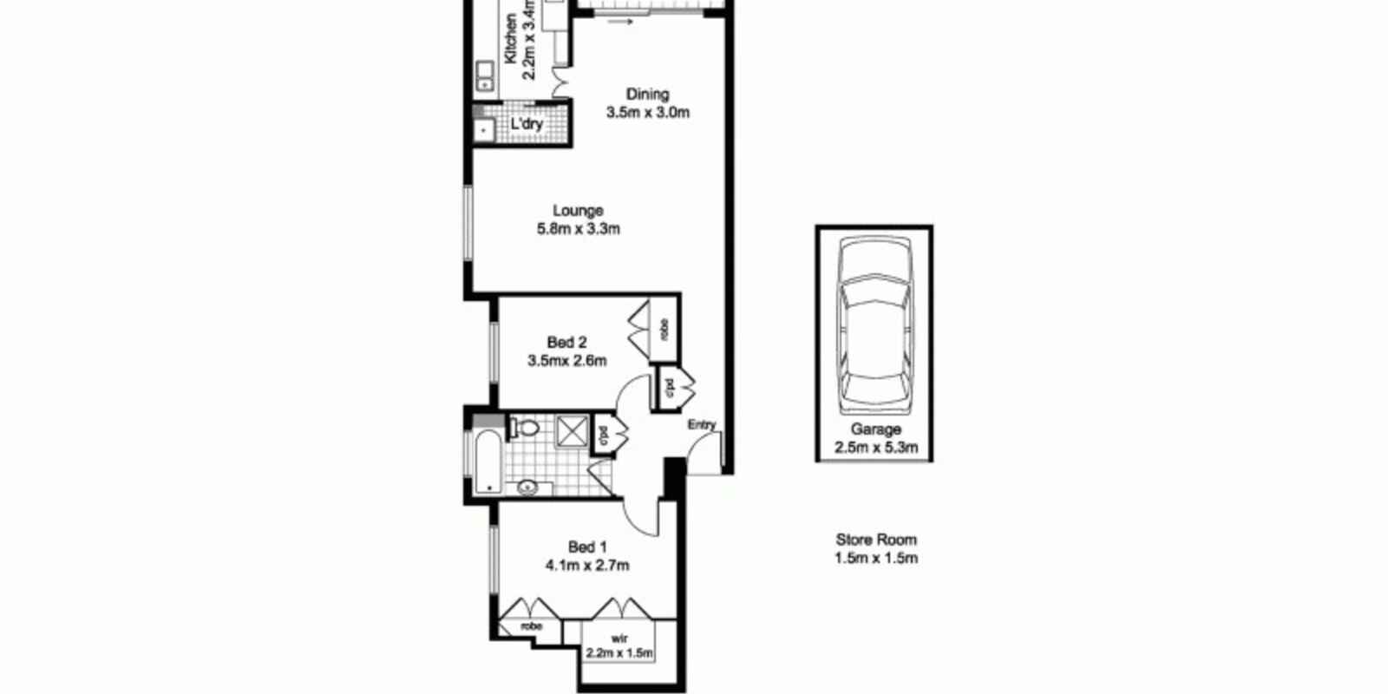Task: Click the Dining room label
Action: (647, 94)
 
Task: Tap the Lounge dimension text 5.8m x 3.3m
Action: (578, 229)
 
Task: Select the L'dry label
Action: (526, 124)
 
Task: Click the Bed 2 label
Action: (566, 343)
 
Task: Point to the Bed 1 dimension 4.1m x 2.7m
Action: (587, 566)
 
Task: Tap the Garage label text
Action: (875, 429)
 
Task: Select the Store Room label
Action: (876, 540)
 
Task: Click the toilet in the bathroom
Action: (525, 427)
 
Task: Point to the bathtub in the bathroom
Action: (487, 462)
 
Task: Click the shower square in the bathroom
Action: (570, 430)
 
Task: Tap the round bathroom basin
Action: (527, 488)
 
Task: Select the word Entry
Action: (702, 425)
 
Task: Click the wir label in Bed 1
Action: (619, 638)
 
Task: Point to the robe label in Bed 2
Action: (665, 330)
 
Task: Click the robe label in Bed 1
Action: (531, 626)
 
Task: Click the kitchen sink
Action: (484, 75)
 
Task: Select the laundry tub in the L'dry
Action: (482, 130)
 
